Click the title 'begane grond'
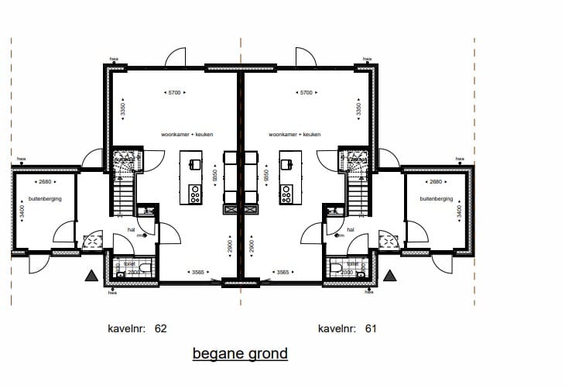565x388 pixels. point(240,354)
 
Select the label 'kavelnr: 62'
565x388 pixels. point(137,328)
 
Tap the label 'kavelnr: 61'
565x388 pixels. point(348,328)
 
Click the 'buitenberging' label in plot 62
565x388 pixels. point(45,199)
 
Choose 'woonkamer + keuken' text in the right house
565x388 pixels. point(295,134)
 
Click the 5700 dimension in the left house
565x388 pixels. point(175,93)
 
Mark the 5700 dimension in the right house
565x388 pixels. point(306,93)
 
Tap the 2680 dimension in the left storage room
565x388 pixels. point(45,182)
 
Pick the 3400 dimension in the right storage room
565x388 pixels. point(459,211)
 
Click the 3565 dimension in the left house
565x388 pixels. point(197,272)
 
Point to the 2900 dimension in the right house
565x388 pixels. point(252,248)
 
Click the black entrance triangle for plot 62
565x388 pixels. point(91,275)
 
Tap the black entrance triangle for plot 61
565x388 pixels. point(389,275)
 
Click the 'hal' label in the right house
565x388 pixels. point(351,230)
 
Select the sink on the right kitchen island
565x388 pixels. point(286,163)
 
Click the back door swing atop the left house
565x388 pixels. point(176,57)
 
